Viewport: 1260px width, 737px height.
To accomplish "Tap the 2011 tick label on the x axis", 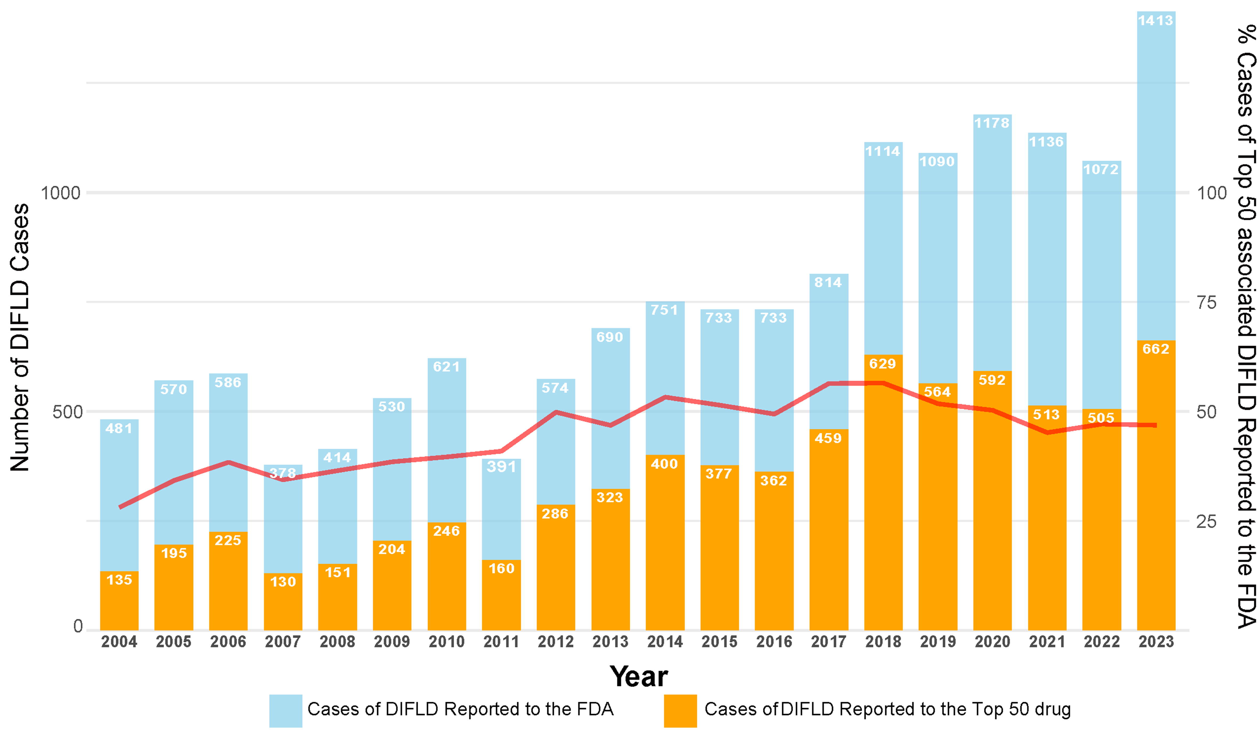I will point(501,642).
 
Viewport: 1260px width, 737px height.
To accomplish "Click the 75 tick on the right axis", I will point(1206,302).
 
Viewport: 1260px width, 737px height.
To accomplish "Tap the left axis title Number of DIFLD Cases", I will point(20,338).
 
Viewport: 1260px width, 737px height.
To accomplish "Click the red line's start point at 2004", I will point(120,507).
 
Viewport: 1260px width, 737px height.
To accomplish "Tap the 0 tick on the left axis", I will point(78,627).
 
